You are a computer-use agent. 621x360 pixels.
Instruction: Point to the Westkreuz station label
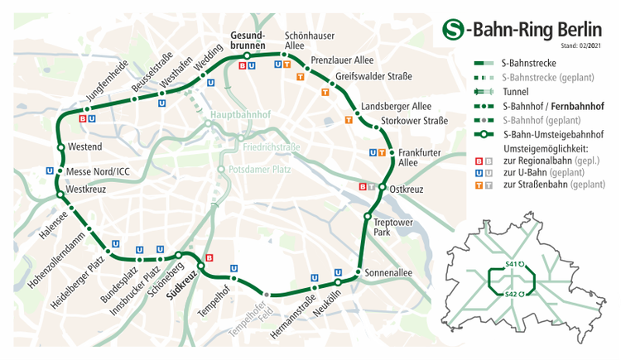pos(86,189)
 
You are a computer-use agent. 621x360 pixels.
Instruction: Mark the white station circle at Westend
pos(60,148)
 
